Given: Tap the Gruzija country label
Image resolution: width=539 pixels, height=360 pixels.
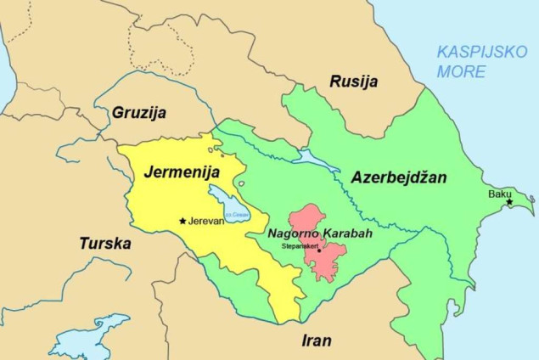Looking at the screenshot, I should pyautogui.click(x=139, y=112).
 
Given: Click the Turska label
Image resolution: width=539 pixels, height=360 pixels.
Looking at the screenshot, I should pyautogui.click(x=105, y=244).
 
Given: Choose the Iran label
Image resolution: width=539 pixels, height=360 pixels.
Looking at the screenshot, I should pyautogui.click(x=317, y=340).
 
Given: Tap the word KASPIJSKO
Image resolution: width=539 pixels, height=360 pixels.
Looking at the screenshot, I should pyautogui.click(x=481, y=51).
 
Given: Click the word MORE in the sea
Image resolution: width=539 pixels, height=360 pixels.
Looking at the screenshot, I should pyautogui.click(x=461, y=71).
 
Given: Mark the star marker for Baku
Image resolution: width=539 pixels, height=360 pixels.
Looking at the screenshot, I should pyautogui.click(x=509, y=202).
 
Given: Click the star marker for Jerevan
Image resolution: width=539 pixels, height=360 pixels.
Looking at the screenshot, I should pyautogui.click(x=182, y=221).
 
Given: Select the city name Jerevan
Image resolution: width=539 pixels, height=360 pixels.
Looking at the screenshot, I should pyautogui.click(x=205, y=221).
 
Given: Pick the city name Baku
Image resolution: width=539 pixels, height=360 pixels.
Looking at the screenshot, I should pyautogui.click(x=499, y=194).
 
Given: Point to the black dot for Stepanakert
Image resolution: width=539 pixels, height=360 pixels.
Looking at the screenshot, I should pyautogui.click(x=319, y=250).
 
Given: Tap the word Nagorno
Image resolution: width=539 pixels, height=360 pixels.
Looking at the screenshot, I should pyautogui.click(x=294, y=233).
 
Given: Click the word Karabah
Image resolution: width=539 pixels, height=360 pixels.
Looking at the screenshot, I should pyautogui.click(x=346, y=233).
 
